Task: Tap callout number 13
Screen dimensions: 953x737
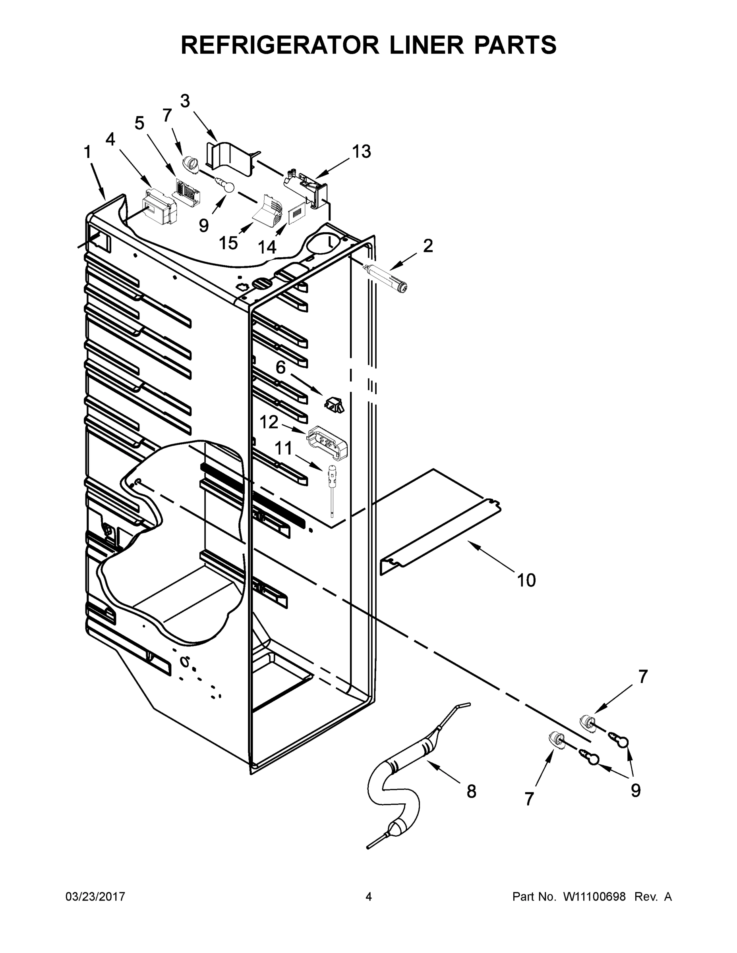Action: click(361, 152)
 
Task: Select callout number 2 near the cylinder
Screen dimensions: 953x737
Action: click(428, 246)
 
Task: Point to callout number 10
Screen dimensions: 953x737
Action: click(526, 581)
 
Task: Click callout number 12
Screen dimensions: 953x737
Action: click(269, 422)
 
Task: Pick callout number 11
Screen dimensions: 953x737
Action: click(283, 448)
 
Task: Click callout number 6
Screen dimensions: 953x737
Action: click(280, 367)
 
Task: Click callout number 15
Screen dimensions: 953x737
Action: click(228, 243)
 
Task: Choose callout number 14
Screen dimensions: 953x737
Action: click(267, 247)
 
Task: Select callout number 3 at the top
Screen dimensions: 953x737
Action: click(185, 101)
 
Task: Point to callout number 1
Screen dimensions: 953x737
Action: click(87, 152)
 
